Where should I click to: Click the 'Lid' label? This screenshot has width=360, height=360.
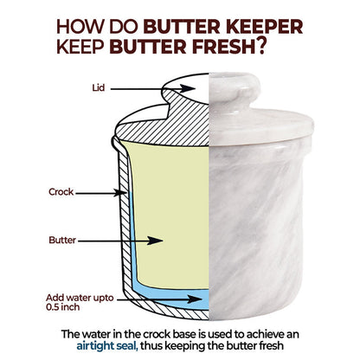99,87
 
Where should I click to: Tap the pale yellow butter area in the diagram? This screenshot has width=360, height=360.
164,190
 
